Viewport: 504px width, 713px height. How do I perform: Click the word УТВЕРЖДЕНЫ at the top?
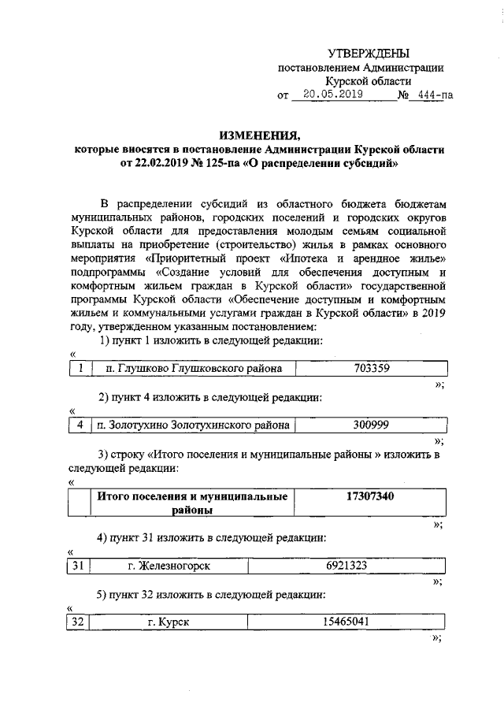(x=368, y=54)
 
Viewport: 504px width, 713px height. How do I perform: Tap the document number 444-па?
(x=432, y=96)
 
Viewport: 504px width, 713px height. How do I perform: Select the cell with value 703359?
(x=371, y=367)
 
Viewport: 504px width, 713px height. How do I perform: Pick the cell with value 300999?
(x=371, y=425)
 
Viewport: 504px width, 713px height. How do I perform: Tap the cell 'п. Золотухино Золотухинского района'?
(x=191, y=425)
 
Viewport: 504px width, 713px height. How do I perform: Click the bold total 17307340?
(x=371, y=496)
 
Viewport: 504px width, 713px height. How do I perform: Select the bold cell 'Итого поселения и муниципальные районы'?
(x=192, y=503)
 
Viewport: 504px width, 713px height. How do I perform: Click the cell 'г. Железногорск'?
(x=169, y=566)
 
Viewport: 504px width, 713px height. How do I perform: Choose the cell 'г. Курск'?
(x=169, y=622)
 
